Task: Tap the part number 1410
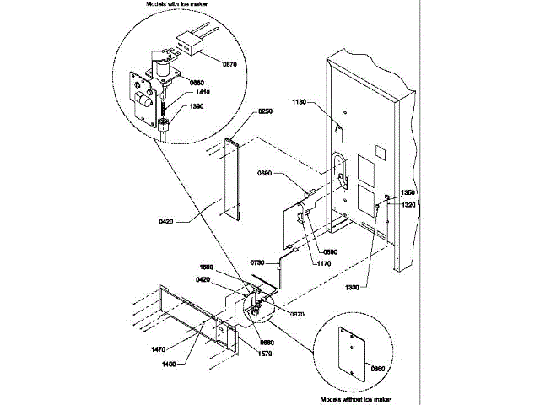pyautogui.click(x=203, y=92)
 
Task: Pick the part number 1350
pyautogui.click(x=408, y=192)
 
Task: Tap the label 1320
pyautogui.click(x=408, y=204)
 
